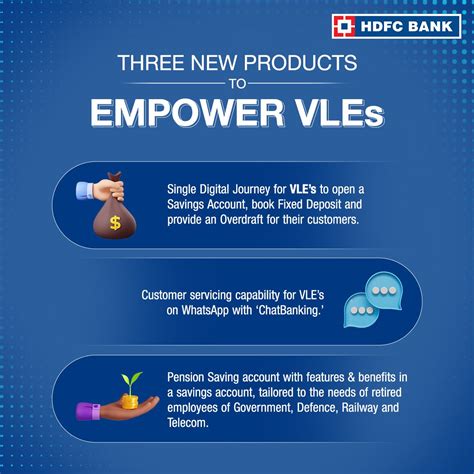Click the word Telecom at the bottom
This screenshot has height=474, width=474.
(x=190, y=424)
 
